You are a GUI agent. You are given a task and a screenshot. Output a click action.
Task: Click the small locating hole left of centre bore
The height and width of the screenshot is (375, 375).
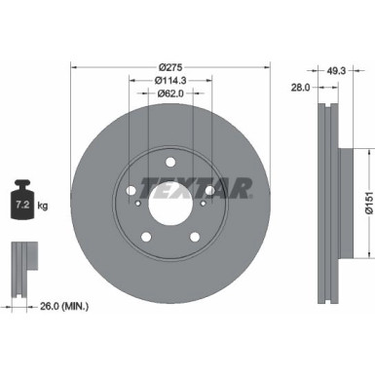click(x=140, y=204)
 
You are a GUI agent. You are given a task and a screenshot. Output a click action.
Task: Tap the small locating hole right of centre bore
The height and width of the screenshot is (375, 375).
click(x=203, y=204)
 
